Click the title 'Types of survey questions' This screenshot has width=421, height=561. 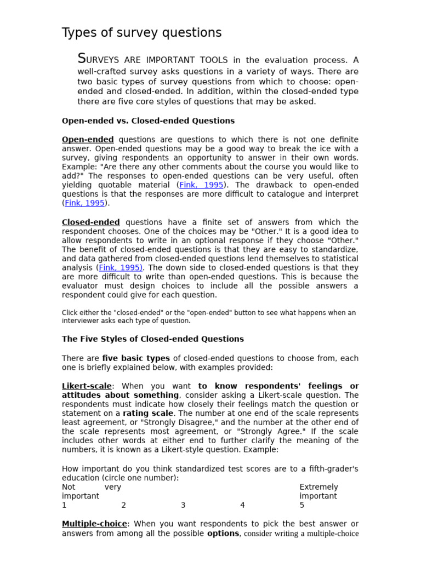pos(141,33)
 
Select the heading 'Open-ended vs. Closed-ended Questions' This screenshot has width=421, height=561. pos(148,121)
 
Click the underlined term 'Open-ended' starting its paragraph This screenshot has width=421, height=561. pos(88,140)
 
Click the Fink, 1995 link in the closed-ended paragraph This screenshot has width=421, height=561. pos(120,268)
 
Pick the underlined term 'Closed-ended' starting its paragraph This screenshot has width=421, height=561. pos(90,222)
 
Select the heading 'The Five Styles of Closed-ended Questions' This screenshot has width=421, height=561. pos(152,339)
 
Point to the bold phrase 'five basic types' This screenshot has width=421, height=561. pos(136,358)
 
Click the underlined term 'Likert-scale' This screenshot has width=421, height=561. pos(87,386)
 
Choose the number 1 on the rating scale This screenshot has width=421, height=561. pos(64,505)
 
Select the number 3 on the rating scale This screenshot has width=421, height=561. pos(183,505)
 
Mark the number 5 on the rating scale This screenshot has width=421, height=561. pos(302,505)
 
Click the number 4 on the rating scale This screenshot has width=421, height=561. pos(242,505)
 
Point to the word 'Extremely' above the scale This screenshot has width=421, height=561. pos(318,487)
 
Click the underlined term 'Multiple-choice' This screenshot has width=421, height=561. pos(94,524)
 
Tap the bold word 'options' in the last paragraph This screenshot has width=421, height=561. pos(223,534)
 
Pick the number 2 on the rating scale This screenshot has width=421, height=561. pos(123,505)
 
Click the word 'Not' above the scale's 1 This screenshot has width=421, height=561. pos(69,487)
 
